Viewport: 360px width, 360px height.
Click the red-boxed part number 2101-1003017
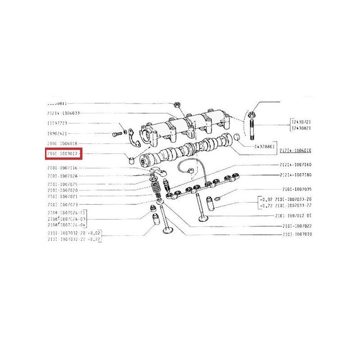pyautogui.click(x=64, y=154)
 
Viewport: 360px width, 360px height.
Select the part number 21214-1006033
pyautogui.click(x=64, y=112)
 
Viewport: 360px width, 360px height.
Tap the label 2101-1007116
pyautogui.click(x=63, y=168)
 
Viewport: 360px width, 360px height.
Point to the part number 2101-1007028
pyautogui.click(x=63, y=175)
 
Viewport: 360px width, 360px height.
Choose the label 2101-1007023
pyautogui.click(x=63, y=205)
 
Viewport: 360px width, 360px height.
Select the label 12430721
pyautogui.click(x=301, y=122)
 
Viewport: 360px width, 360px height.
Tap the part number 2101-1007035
pyautogui.click(x=297, y=189)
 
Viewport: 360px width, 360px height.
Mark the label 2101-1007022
pyautogui.click(x=297, y=225)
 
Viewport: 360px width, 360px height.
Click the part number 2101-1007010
pyautogui.click(x=297, y=234)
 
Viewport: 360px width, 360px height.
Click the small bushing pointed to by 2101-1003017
pyautogui.click(x=131, y=159)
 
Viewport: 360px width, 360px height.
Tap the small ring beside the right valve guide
pyautogui.click(x=217, y=199)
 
